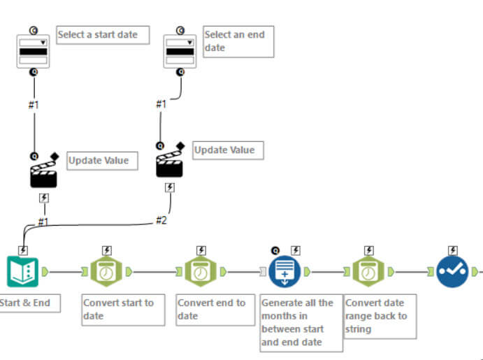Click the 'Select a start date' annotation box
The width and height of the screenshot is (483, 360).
pyautogui.click(x=103, y=35)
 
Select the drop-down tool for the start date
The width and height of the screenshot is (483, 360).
pyautogui.click(x=34, y=51)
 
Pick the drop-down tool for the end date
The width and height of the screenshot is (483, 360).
pyautogui.click(x=180, y=51)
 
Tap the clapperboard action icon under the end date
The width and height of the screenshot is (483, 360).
pyautogui.click(x=170, y=164)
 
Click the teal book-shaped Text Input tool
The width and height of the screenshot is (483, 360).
pyautogui.click(x=23, y=271)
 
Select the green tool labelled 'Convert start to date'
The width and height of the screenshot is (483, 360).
pyautogui.click(x=106, y=271)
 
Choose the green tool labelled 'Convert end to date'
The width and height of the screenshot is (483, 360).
pyautogui.click(x=201, y=271)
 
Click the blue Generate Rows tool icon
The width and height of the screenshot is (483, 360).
pyautogui.click(x=285, y=271)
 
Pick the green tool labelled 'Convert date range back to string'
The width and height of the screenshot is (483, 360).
pyautogui.click(x=365, y=271)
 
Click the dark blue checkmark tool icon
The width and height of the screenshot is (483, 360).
pyautogui.click(x=453, y=271)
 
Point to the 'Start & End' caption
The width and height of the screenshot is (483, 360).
pyautogui.click(x=29, y=303)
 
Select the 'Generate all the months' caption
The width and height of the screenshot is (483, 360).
pyautogui.click(x=301, y=322)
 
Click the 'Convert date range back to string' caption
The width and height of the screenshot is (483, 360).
pyautogui.click(x=380, y=316)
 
